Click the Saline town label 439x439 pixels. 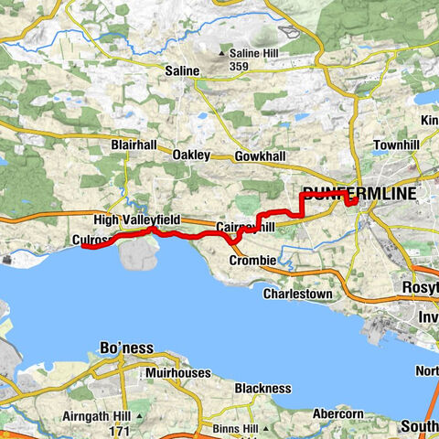182,70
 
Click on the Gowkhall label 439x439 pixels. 260,156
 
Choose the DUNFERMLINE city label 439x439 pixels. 359,194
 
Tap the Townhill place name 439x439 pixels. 396,145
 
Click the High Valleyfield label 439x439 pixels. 137,220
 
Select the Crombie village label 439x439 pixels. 252,261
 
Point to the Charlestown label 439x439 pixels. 298,294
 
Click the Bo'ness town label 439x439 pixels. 127,348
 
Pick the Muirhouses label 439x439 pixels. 177,373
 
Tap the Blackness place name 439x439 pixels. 262,388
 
